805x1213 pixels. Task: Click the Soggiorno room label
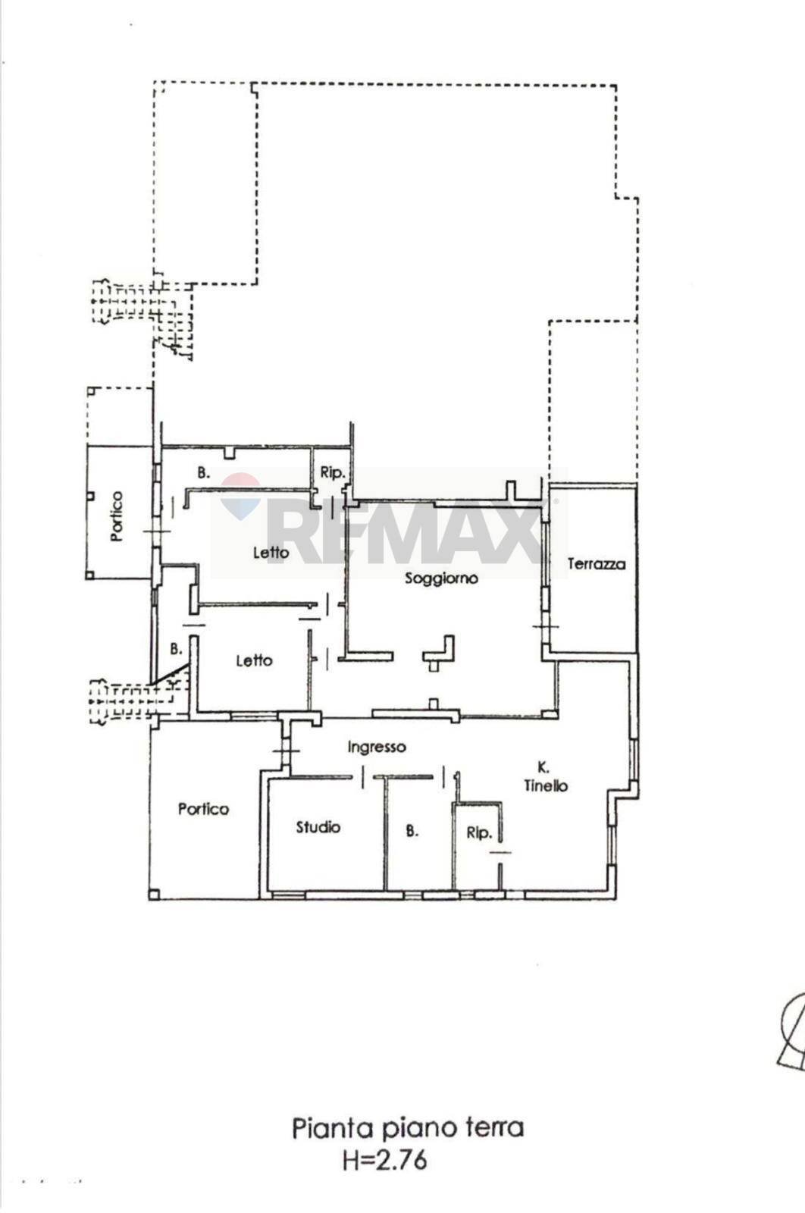tap(441, 578)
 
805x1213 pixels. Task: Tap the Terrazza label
tap(597, 564)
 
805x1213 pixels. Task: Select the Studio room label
tap(318, 827)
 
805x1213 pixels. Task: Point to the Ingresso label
tap(377, 748)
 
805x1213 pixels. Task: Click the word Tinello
tap(546, 786)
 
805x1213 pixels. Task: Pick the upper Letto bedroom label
tap(271, 553)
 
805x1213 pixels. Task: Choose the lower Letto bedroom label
tap(253, 660)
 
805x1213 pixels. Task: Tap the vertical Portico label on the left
tap(116, 516)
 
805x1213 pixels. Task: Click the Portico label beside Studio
tap(203, 809)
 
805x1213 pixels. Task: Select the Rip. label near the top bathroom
tap(332, 472)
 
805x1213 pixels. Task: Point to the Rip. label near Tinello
tap(479, 832)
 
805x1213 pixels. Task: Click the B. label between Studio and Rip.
tap(412, 831)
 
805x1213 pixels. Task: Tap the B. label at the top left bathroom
tap(203, 472)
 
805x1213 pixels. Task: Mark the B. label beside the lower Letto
tap(176, 649)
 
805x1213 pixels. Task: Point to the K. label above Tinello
tap(543, 767)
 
